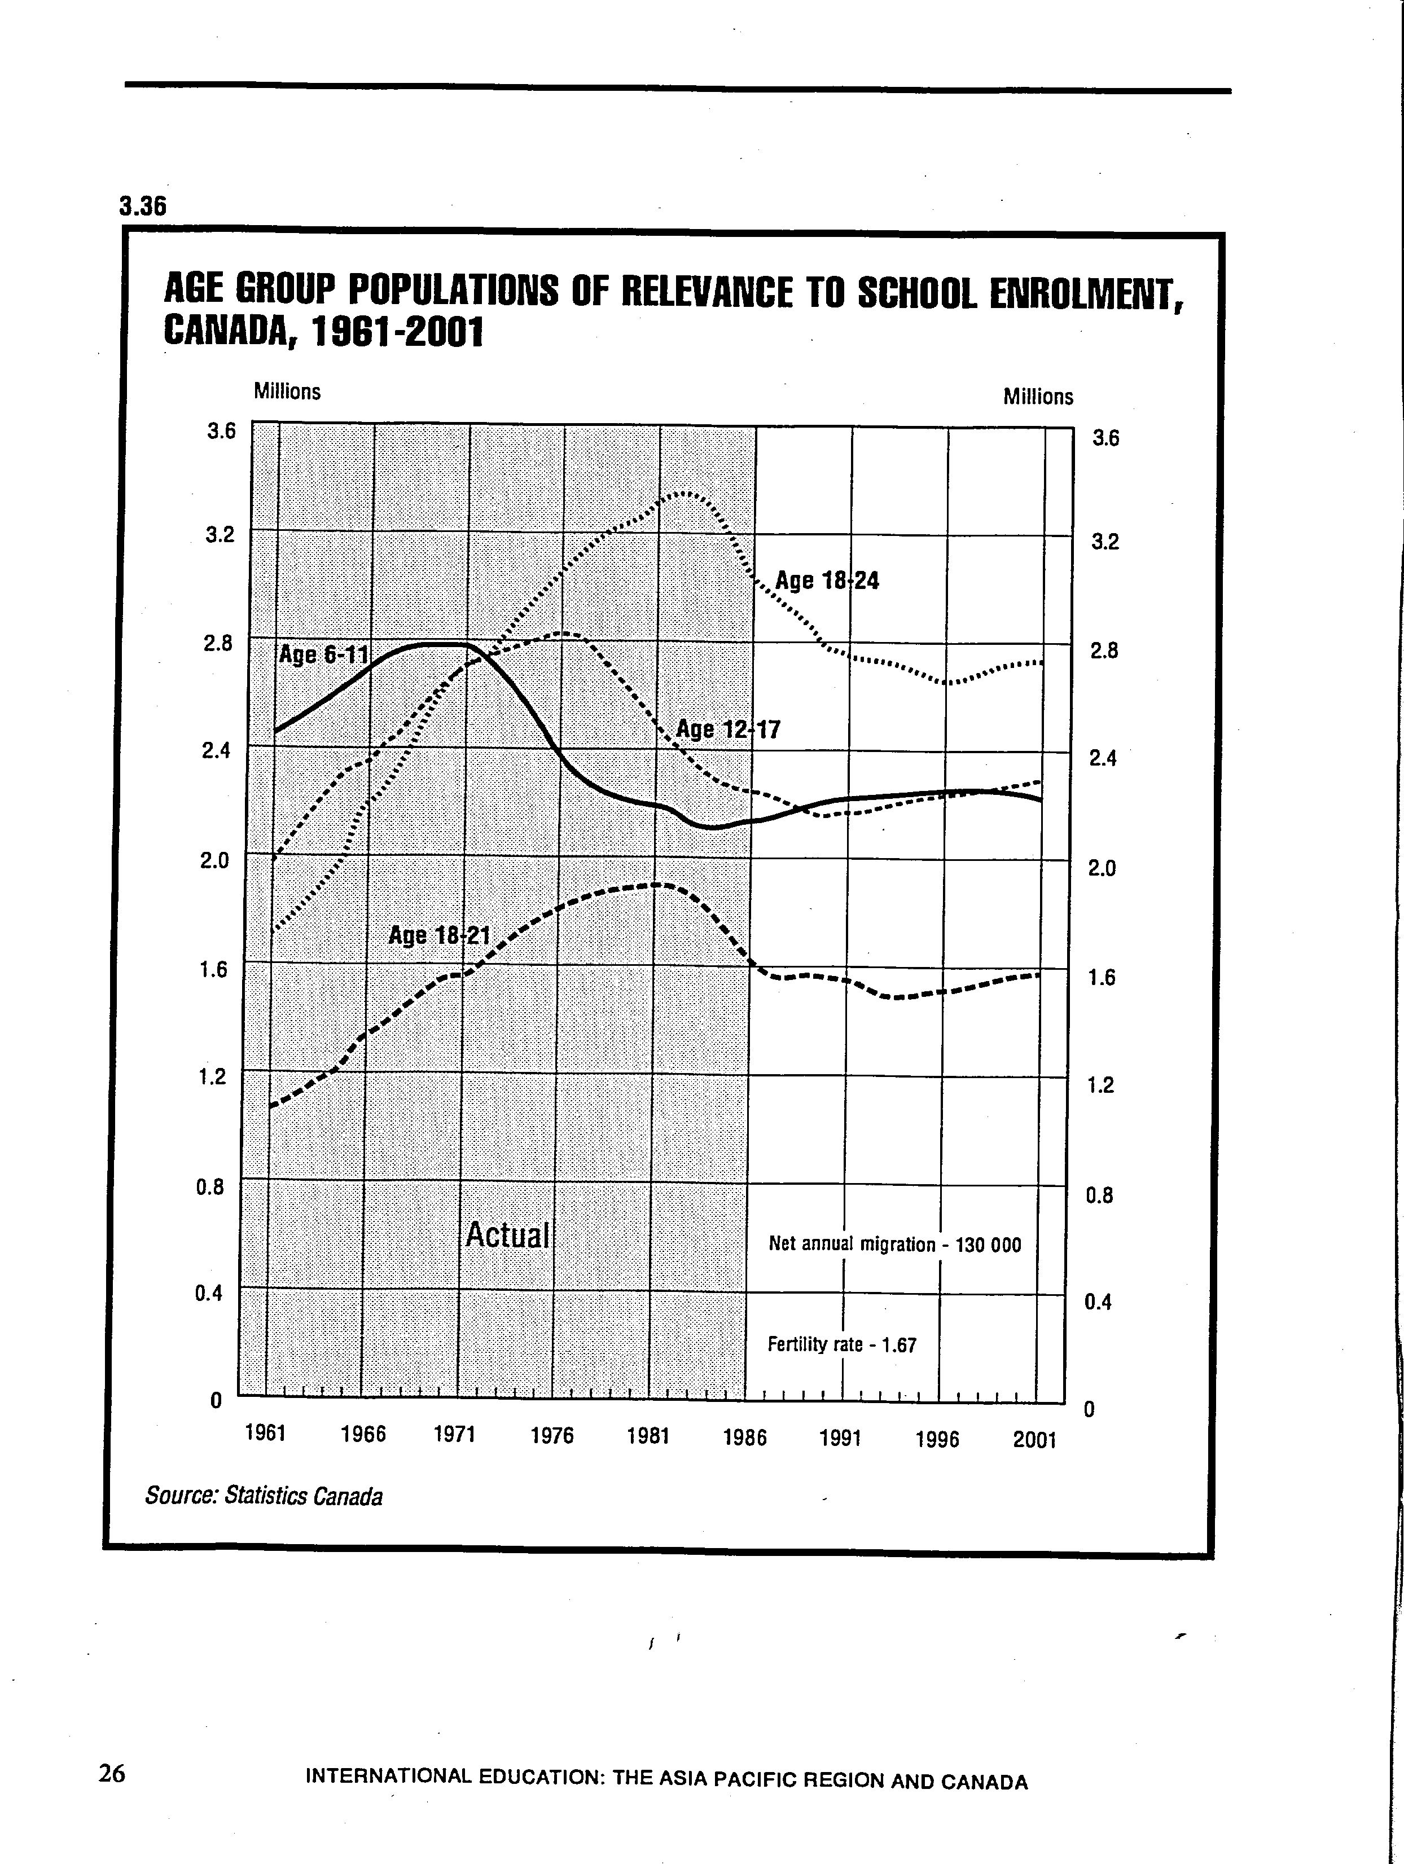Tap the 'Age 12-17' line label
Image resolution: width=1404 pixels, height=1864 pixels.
coord(728,729)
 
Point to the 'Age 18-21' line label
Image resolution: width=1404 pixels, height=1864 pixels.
coord(439,935)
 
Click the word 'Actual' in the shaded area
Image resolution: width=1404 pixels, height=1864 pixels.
coord(507,1236)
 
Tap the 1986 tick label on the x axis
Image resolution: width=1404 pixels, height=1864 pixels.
coord(745,1437)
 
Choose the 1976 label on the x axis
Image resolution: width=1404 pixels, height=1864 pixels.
coord(552,1435)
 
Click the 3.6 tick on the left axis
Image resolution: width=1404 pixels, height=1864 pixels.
coord(221,432)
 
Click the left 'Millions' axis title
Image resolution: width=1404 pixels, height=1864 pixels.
coord(287,392)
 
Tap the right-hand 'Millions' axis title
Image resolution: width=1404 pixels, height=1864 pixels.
coord(1038,397)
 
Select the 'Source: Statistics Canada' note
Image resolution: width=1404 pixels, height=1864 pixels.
coord(264,1496)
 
